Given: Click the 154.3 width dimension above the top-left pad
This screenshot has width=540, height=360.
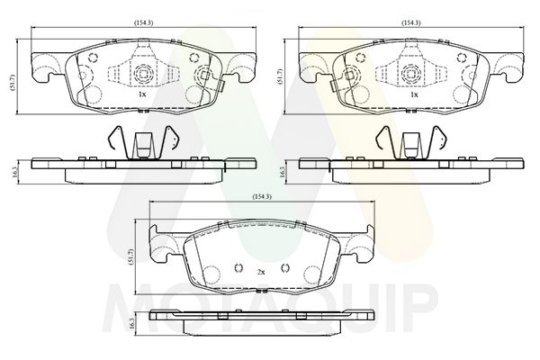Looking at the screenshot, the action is (143, 22).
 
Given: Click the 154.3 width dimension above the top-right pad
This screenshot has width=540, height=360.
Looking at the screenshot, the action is (411, 22).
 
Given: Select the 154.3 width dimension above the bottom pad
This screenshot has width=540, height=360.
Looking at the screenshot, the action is (263, 197).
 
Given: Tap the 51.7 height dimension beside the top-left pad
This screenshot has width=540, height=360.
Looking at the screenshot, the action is (13, 83).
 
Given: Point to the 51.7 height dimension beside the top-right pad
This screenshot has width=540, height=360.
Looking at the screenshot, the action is (280, 76).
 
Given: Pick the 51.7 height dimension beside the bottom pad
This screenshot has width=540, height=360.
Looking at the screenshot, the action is (130, 257).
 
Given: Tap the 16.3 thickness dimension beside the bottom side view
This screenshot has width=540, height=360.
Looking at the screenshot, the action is (130, 323).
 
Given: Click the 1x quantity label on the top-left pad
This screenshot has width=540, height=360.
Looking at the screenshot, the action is (142, 94).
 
